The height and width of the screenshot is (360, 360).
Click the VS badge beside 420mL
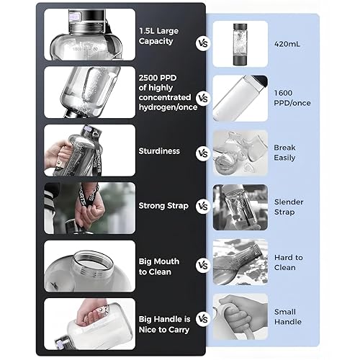[203, 43]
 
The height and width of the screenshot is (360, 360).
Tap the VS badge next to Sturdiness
[203, 153]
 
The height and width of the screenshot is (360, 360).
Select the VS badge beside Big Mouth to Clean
[203, 265]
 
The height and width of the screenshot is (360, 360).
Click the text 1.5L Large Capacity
[158, 36]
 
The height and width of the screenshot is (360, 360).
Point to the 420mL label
[287, 44]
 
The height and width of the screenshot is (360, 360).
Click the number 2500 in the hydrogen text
[149, 78]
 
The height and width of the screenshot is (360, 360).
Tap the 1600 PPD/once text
[292, 98]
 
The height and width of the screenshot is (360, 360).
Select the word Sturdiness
[159, 151]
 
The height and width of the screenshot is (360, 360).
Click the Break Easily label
[284, 153]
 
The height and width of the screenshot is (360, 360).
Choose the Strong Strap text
[163, 206]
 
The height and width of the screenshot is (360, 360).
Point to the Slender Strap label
[289, 207]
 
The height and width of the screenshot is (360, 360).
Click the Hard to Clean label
[289, 262]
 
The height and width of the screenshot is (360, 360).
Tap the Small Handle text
[288, 317]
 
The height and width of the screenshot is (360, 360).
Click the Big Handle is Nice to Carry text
[165, 324]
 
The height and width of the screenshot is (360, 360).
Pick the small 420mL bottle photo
[240, 44]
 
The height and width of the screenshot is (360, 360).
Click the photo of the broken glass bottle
[240, 153]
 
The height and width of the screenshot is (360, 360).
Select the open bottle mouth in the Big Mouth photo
[94, 261]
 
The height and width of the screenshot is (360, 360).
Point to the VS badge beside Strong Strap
[203, 206]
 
